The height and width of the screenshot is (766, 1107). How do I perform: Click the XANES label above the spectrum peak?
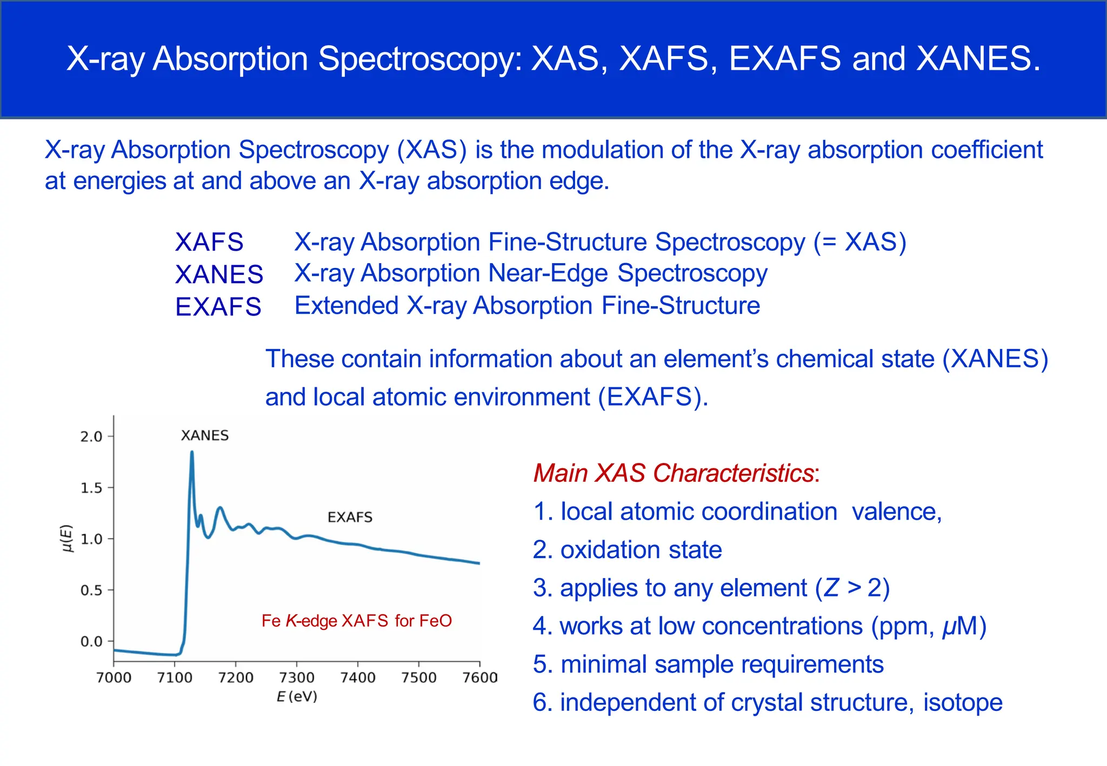(x=204, y=435)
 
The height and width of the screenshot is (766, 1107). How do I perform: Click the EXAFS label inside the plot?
(x=350, y=517)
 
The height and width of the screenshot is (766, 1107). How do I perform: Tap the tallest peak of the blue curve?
(x=192, y=453)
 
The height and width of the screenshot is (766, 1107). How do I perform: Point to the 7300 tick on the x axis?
(x=296, y=677)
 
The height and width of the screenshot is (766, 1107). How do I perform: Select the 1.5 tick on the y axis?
(x=91, y=488)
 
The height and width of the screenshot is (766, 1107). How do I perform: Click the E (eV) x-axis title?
(x=297, y=697)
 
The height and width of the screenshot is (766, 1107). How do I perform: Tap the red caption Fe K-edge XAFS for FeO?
(x=356, y=621)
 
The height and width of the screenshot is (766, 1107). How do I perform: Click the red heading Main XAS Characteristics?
(x=673, y=473)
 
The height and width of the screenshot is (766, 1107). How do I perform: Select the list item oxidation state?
(x=641, y=550)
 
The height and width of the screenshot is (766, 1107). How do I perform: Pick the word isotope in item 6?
(x=962, y=702)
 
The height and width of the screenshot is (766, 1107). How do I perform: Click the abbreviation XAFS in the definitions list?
(x=209, y=242)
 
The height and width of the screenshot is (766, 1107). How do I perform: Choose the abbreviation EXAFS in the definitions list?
(x=218, y=307)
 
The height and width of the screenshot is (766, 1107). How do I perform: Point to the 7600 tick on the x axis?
(x=479, y=677)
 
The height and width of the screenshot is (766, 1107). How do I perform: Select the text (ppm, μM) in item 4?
(x=929, y=626)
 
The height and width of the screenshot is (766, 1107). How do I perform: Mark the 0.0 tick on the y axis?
(x=91, y=641)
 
